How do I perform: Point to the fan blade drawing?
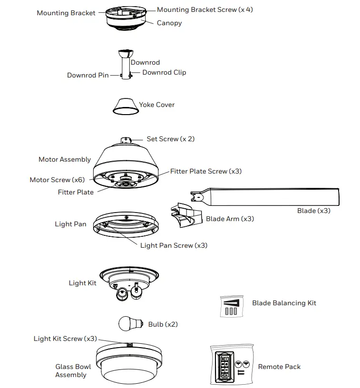[271, 197]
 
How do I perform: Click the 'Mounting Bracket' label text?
[66, 13]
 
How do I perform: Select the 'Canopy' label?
[169, 23]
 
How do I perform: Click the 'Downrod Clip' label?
[164, 72]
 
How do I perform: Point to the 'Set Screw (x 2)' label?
[170, 139]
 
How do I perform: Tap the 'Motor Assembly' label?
[65, 159]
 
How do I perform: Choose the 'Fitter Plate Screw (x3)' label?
[206, 171]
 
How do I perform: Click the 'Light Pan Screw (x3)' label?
[174, 245]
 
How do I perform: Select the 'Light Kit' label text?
[82, 283]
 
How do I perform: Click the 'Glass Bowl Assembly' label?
[71, 370]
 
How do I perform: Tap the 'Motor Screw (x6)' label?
[57, 180]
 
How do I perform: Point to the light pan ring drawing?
[126, 226]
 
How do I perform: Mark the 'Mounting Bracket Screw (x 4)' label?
[205, 10]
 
